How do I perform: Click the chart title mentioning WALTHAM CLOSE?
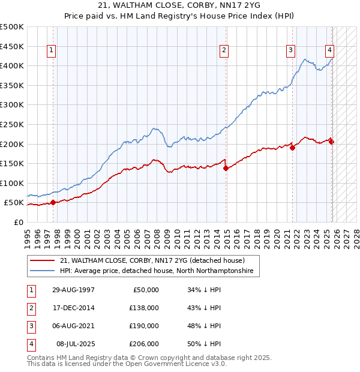tap(180, 7)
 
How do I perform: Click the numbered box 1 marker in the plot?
tap(52, 51)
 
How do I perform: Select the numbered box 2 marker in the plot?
tap(224, 51)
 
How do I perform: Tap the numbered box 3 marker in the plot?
tap(290, 51)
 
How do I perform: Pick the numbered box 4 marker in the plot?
tap(330, 51)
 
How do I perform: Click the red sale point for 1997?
tap(53, 202)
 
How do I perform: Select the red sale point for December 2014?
tap(226, 168)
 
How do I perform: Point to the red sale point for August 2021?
tap(292, 148)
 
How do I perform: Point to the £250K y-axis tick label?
tap(12, 125)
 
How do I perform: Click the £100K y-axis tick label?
tap(12, 183)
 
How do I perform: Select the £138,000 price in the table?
tap(145, 308)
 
